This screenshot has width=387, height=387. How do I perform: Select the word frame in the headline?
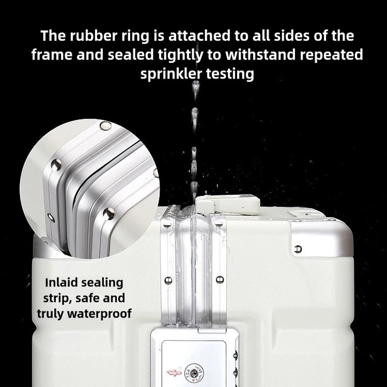pyautogui.click(x=52, y=55)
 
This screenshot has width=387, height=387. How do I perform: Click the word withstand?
pyautogui.click(x=261, y=55)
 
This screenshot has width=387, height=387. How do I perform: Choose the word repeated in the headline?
pyautogui.click(x=331, y=55)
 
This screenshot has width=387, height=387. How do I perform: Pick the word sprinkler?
pyautogui.click(x=171, y=74)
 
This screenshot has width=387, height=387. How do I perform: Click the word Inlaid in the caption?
pyautogui.click(x=62, y=283)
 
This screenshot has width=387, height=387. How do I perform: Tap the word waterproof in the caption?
pyautogui.click(x=99, y=314)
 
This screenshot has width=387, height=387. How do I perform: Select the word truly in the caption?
pyautogui.click(x=51, y=314)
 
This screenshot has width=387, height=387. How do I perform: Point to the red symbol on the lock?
pyautogui.click(x=174, y=372)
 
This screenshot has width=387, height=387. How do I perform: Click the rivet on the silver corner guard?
pyautogui.click(x=298, y=249)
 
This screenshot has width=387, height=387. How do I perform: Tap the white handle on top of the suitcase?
pyautogui.click(x=227, y=204)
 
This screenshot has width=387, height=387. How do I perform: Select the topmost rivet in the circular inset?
pyautogui.click(x=105, y=126)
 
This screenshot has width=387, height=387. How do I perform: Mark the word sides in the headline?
pyautogui.click(x=292, y=36)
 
